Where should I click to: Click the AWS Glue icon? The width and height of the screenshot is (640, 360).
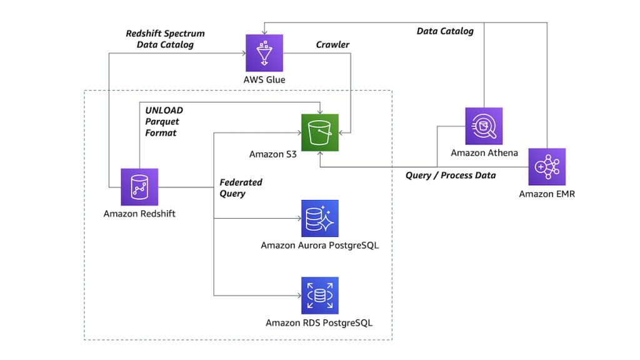coord(264,53)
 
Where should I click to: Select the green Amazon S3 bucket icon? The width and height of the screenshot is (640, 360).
coord(319,132)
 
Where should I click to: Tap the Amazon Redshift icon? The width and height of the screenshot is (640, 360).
coord(139,187)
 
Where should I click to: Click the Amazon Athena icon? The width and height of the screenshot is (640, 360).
coord(484,126)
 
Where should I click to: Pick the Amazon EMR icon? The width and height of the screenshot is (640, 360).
coord(547,167)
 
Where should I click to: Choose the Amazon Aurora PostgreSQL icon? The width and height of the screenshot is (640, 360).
coord(319,219)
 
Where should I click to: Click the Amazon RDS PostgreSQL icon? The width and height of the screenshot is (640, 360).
coord(319,296)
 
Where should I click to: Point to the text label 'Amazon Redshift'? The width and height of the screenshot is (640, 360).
coord(139,214)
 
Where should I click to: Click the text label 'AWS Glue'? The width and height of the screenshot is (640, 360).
coord(264,80)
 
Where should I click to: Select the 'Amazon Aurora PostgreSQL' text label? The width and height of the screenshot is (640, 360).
coord(319,246)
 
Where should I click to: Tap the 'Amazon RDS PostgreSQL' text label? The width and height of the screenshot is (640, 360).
coord(319,322)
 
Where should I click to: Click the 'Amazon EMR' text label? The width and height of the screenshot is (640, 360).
coord(547,194)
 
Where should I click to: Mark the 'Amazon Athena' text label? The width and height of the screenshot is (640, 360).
coord(484,153)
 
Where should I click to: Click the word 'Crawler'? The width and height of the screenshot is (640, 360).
coord(332,45)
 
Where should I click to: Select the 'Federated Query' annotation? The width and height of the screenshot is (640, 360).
coord(241,188)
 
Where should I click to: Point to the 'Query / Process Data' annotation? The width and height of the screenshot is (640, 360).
coord(450,176)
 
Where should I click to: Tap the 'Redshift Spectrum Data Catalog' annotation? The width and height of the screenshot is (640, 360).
coord(165,39)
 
